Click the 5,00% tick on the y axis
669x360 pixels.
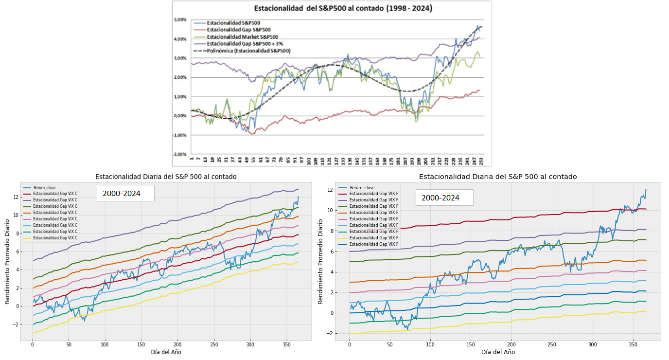coord(180,20)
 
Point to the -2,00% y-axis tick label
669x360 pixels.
coord(180,154)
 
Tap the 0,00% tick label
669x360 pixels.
coord(180,116)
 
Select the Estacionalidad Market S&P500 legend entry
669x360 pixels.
coord(242,37)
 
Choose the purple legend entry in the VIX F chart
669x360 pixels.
coord(373,200)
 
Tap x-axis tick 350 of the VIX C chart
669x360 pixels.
coord(286,344)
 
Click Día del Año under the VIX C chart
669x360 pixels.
coord(165,352)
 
